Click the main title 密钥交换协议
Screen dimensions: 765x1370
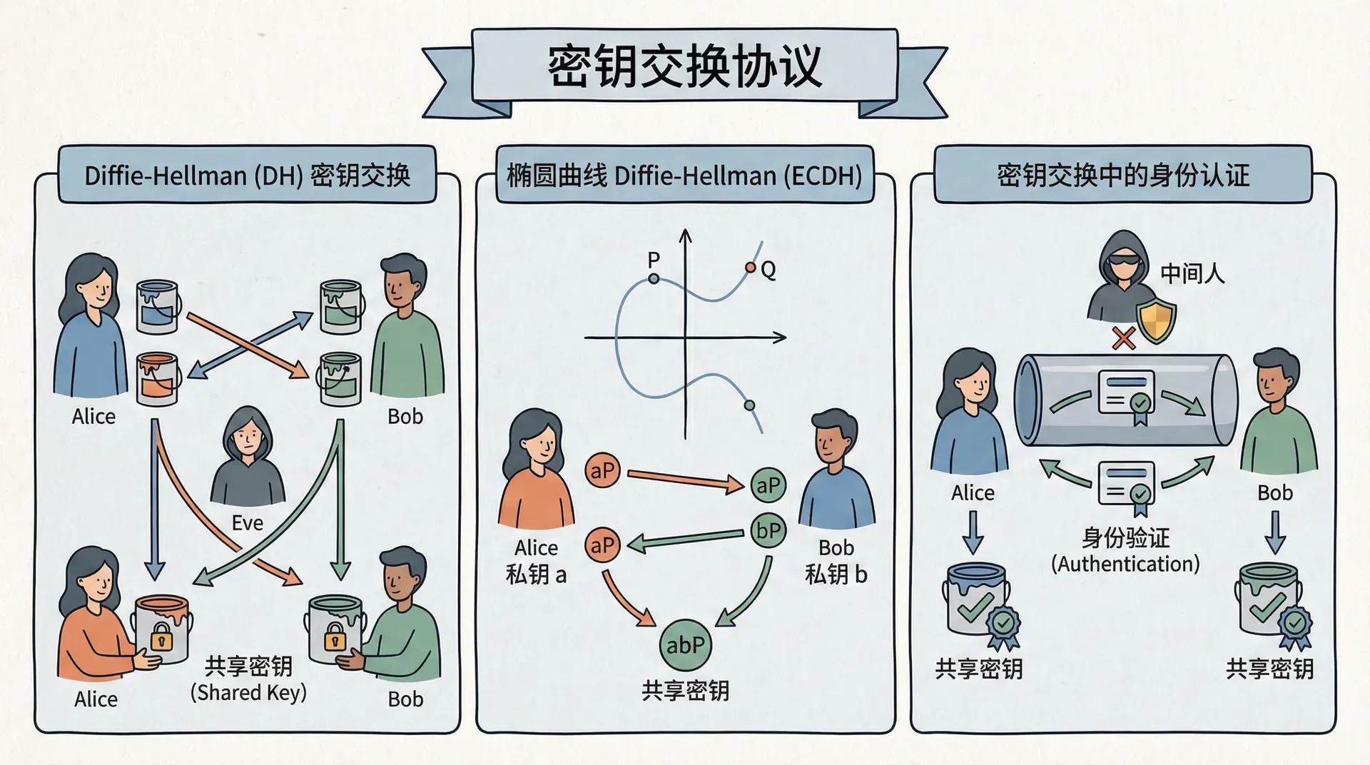tap(684, 66)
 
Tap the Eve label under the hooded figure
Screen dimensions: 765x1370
tap(248, 523)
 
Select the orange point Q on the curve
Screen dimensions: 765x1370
tap(750, 268)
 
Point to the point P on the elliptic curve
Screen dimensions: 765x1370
tap(654, 278)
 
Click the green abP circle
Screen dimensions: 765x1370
tap(685, 645)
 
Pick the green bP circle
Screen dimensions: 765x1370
tap(768, 531)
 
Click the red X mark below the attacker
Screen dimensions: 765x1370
tap(1124, 338)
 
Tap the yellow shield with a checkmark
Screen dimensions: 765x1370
tap(1156, 321)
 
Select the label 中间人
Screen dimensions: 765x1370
tap(1192, 273)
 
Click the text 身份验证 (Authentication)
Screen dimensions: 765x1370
tap(1125, 551)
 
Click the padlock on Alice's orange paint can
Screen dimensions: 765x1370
tap(162, 637)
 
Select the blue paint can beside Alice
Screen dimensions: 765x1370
tap(157, 307)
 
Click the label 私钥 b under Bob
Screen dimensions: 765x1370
tap(836, 574)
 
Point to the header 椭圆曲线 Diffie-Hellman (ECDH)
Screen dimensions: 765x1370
tap(684, 176)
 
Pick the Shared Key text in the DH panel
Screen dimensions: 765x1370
tap(248, 692)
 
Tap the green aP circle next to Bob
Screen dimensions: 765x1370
tap(768, 485)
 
